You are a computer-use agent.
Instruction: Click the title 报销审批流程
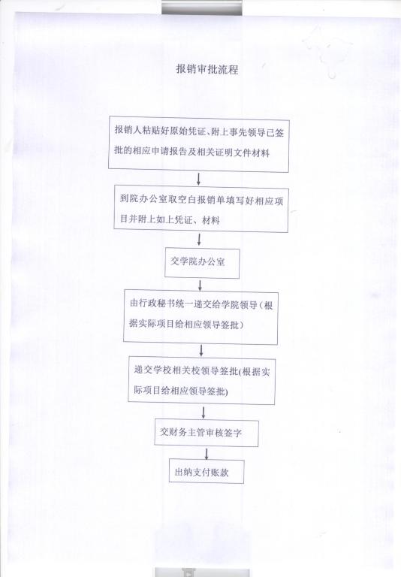(207, 69)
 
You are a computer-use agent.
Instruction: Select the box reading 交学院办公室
(202, 263)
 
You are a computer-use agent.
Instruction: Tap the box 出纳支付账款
(207, 471)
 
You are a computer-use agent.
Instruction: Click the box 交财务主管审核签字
(207, 433)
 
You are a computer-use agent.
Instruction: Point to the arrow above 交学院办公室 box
(200, 240)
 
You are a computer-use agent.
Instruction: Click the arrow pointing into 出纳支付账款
(207, 453)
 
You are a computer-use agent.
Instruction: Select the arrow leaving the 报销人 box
(199, 179)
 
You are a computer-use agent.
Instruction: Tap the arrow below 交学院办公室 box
(200, 285)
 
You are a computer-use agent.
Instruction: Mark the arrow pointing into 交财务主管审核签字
(204, 412)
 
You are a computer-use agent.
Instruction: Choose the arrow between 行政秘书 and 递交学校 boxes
(201, 351)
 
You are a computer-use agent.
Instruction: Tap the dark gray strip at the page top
(202, 8)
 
